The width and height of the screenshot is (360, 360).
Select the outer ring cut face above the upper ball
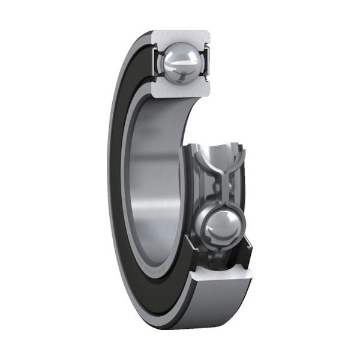[180, 37]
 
